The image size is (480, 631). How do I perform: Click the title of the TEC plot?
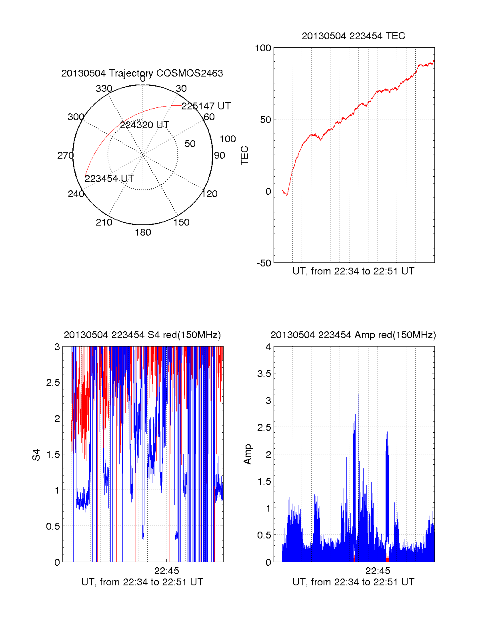(x=353, y=36)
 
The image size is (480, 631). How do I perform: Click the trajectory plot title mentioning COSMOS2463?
(x=142, y=73)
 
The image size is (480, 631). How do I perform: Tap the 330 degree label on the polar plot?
(x=104, y=89)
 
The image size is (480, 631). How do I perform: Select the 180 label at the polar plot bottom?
(x=143, y=232)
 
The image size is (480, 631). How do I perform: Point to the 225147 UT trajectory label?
(x=206, y=106)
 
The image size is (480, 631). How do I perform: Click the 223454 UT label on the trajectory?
(x=109, y=179)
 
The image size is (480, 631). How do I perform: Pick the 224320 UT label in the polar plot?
(x=144, y=125)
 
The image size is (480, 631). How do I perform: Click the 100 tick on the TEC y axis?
(x=263, y=48)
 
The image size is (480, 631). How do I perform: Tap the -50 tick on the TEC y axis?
(x=264, y=263)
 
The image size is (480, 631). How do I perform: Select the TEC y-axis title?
(x=244, y=155)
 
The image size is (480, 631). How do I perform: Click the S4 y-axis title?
(x=36, y=455)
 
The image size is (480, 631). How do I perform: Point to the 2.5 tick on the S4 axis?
(x=53, y=383)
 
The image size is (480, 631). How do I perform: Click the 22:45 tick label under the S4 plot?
(x=166, y=571)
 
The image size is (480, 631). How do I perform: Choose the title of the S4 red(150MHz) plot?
(x=142, y=335)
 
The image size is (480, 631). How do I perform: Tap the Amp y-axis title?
(x=248, y=454)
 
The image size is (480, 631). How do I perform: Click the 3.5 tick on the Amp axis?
(x=264, y=374)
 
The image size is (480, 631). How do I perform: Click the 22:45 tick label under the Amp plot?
(x=378, y=571)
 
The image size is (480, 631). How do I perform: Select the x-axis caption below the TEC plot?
(x=353, y=271)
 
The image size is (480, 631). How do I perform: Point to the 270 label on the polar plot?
(x=65, y=155)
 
